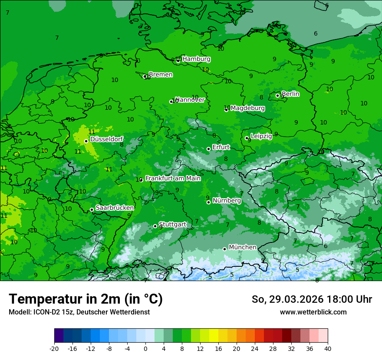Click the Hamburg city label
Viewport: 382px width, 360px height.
pos(196,59)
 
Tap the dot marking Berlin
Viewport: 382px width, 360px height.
pos(278,95)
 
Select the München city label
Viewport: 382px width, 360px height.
pos(242,247)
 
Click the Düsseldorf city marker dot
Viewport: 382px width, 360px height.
pos(86,141)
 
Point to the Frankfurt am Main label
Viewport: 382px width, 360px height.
pos(173,178)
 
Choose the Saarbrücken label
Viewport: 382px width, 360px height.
pos(115,208)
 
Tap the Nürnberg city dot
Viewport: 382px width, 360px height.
pos(208,202)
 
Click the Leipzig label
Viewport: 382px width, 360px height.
pos(261,136)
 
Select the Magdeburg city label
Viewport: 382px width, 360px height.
pos(247,108)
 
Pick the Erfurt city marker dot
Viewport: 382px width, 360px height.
pos(208,149)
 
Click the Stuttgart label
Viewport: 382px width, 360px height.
pos(173,225)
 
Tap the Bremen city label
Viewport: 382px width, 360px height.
pos(161,75)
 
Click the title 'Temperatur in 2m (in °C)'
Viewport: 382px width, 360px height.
pos(86,299)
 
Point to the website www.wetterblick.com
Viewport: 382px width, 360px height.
pos(313,312)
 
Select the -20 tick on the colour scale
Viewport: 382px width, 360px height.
pos(54,349)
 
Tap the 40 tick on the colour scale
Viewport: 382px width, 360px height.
pos(328,349)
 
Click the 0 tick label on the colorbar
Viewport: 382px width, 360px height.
pos(145,349)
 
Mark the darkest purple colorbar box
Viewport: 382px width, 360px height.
pos(59,336)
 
